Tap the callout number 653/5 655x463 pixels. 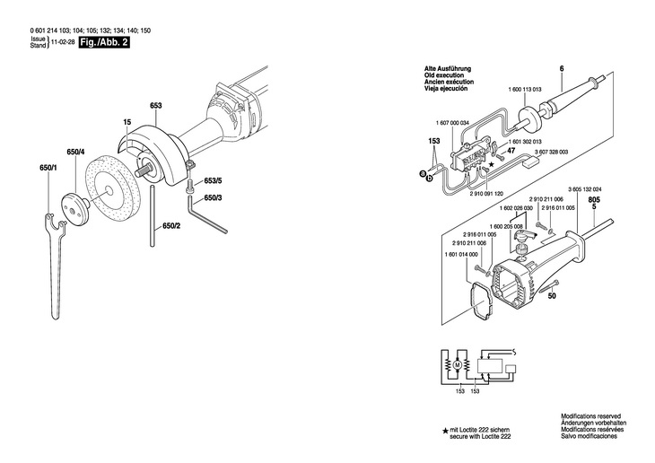coord(212,180)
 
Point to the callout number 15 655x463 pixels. coord(127,121)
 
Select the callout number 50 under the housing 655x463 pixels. coord(553,295)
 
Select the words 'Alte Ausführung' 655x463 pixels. coord(446,69)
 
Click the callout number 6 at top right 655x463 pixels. coord(561,69)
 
